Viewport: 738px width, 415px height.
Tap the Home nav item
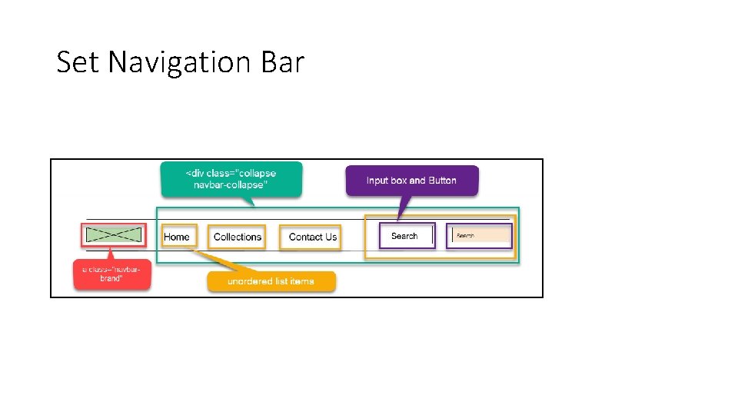pos(177,237)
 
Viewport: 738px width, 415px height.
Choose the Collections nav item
pos(238,237)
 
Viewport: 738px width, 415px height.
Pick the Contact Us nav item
pos(312,237)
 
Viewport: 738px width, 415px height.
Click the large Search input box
pos(407,236)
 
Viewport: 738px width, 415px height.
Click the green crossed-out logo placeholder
pos(114,235)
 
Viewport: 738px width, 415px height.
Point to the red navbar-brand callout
pos(112,274)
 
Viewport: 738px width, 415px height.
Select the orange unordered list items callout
pos(271,281)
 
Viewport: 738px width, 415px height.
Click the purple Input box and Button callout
pos(411,181)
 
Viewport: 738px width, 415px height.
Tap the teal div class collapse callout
pos(231,179)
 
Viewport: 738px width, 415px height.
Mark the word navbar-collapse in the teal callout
pos(231,185)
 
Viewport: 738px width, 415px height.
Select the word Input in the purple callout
pos(377,181)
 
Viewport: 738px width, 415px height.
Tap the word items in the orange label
pos(302,281)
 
